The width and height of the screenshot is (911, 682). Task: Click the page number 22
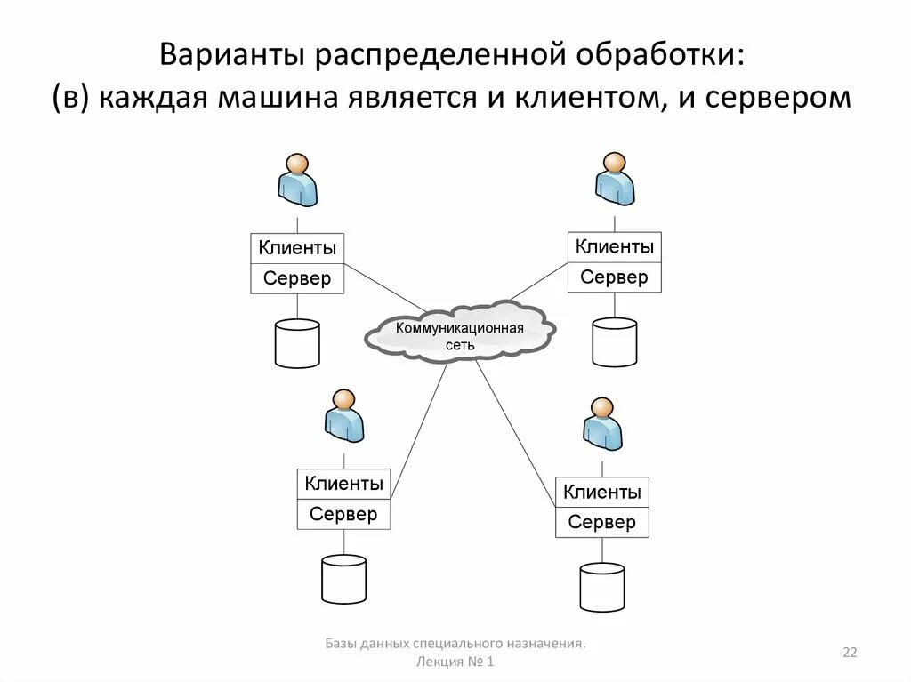pos(850,654)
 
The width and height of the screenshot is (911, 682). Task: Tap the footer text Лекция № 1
pos(455,662)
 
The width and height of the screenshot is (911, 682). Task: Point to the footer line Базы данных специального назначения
pos(455,642)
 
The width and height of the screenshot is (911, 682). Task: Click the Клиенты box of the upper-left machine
pos(297,248)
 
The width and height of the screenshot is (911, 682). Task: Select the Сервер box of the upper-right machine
pos(614,277)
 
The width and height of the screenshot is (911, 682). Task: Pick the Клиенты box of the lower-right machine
pos(601,492)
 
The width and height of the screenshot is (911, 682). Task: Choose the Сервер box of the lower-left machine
pos(343,514)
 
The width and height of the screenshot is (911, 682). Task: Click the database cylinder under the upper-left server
pos(297,343)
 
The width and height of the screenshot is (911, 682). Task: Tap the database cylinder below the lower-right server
pos(601,587)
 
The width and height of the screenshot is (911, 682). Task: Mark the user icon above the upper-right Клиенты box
pos(614,180)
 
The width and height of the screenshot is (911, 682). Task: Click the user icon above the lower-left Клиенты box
pos(343,416)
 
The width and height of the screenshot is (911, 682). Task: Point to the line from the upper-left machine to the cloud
pos(384,287)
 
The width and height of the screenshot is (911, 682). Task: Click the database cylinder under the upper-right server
pos(614,342)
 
